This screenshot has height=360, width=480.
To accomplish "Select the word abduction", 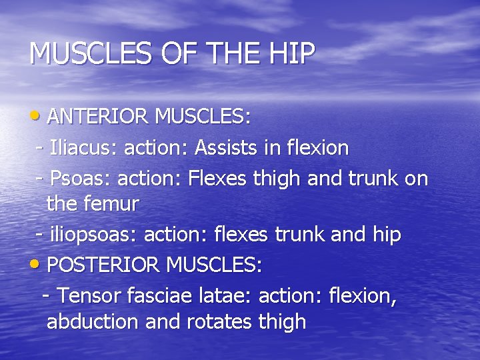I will [x=92, y=323].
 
